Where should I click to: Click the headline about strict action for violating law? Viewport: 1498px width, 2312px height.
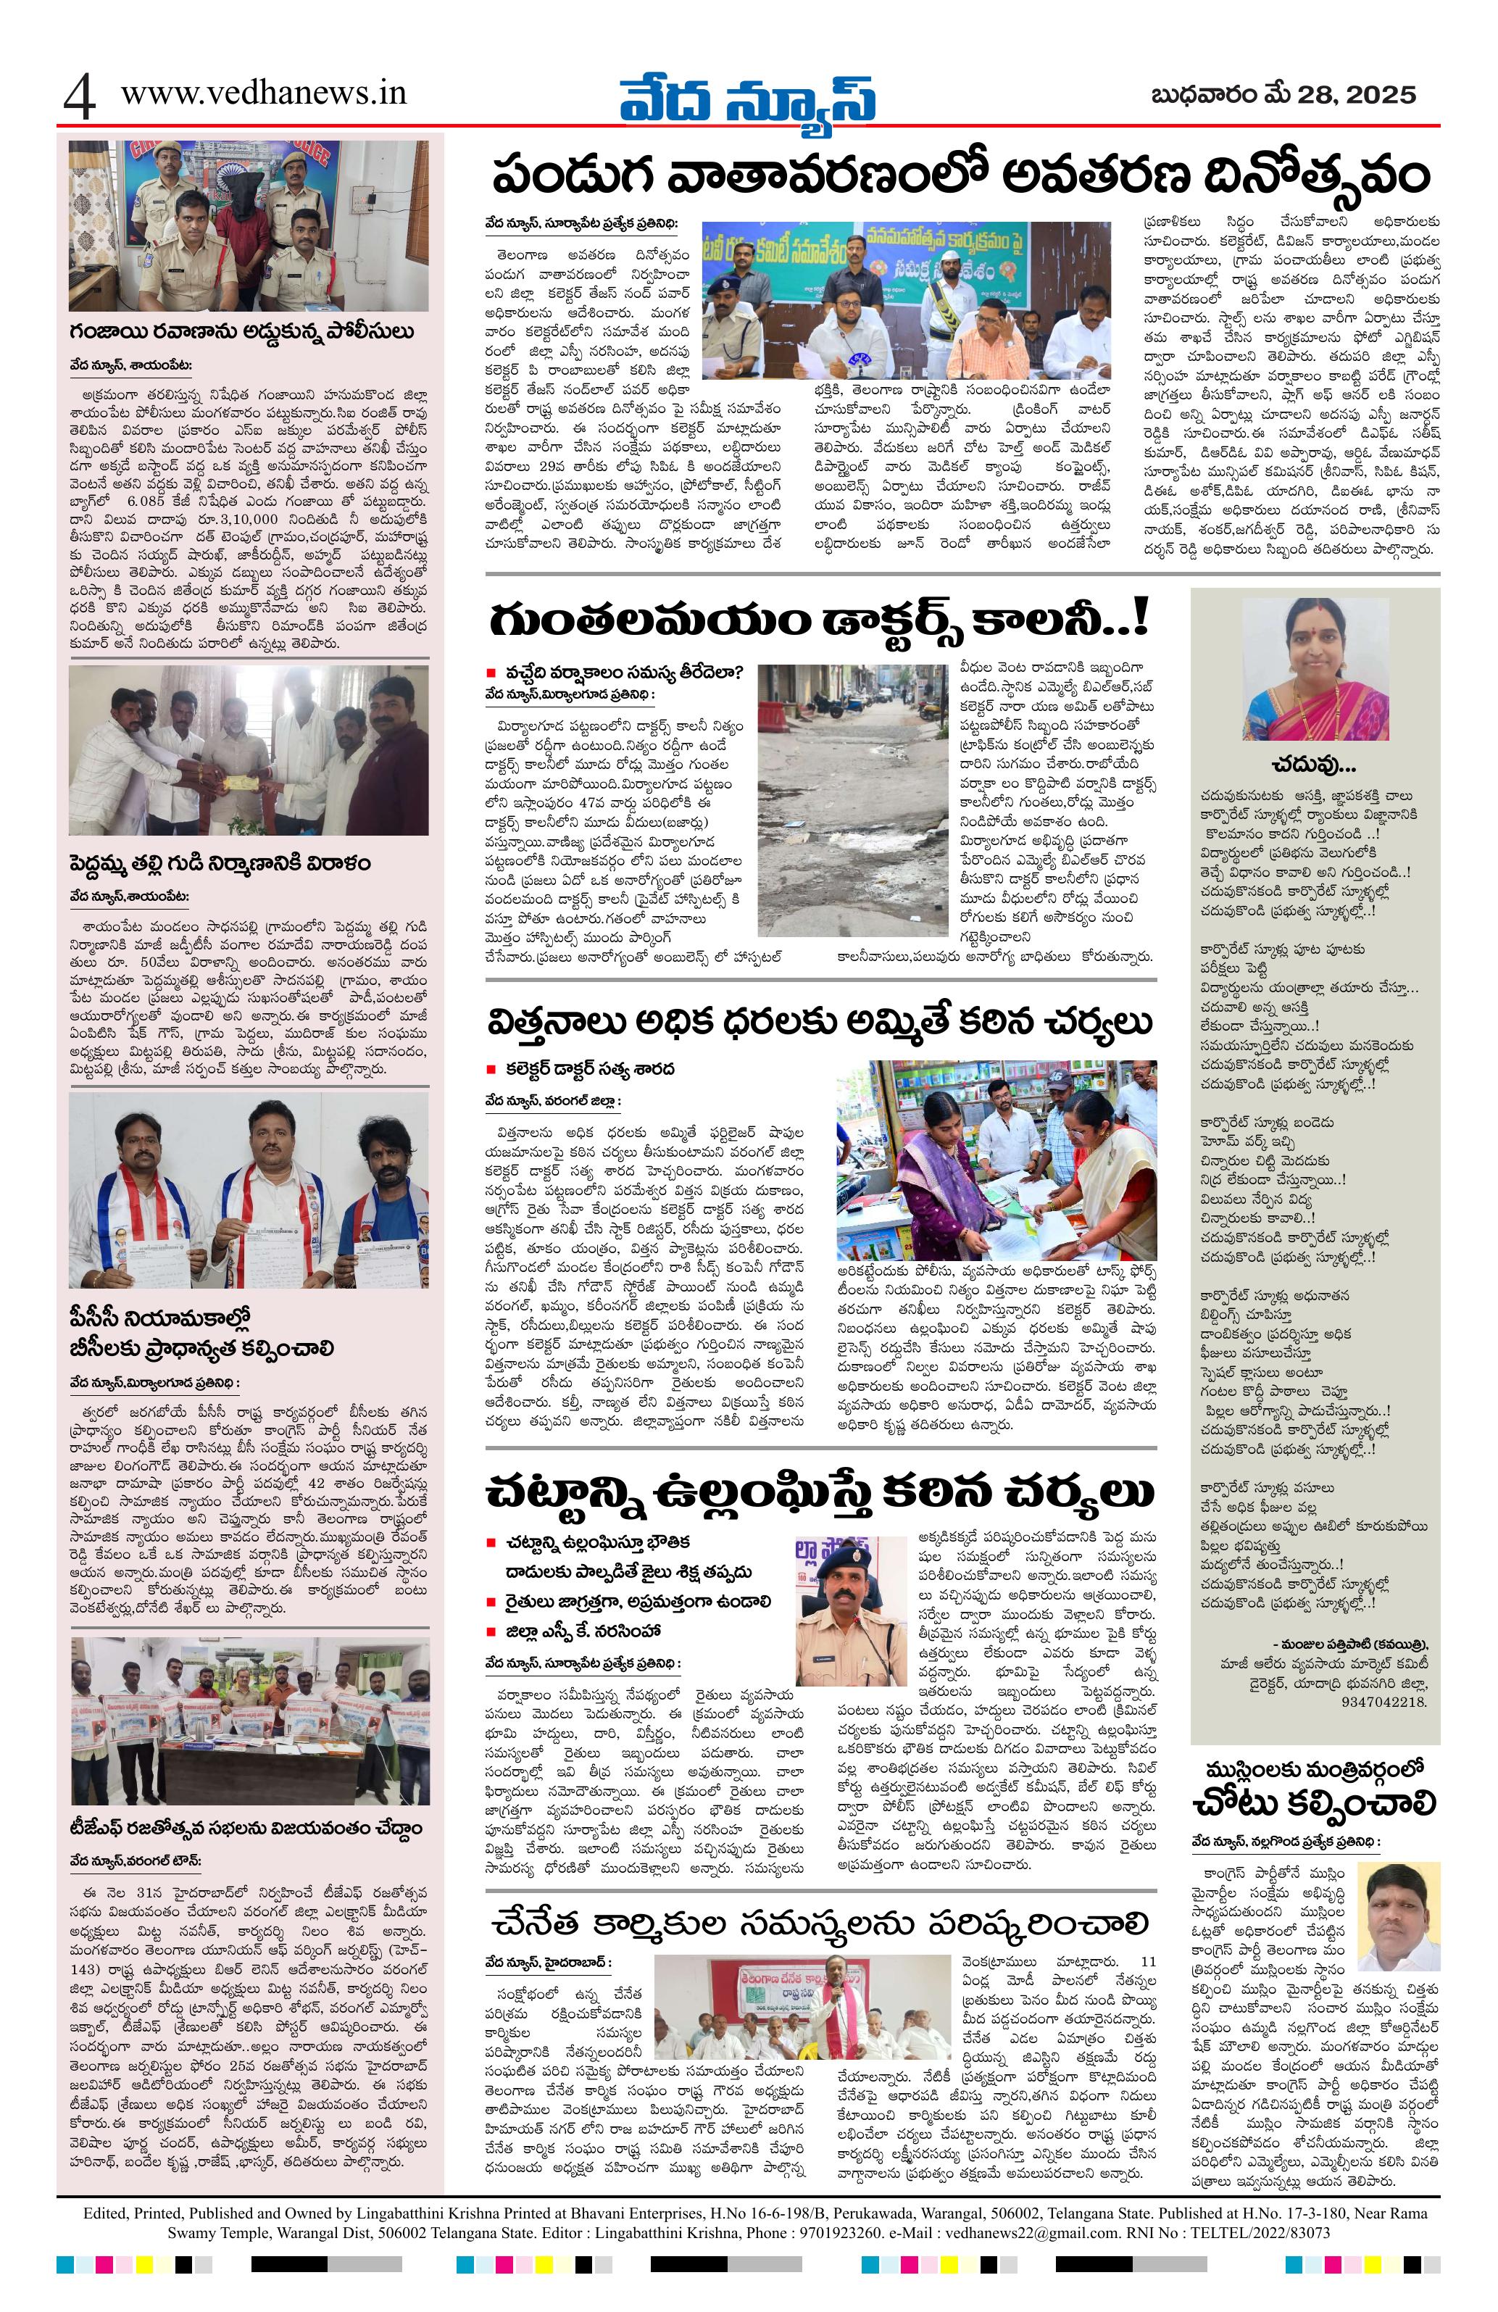tap(821, 1490)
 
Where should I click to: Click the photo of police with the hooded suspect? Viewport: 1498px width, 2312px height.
tap(248, 225)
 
